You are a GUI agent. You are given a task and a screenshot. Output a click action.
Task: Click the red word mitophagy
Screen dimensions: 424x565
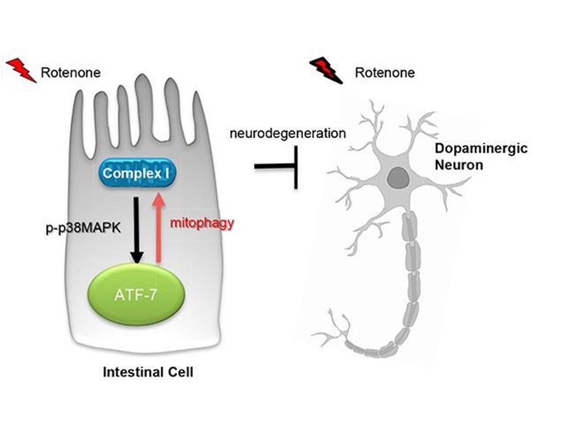(202, 223)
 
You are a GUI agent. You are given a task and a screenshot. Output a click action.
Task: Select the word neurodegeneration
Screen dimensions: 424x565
(287, 133)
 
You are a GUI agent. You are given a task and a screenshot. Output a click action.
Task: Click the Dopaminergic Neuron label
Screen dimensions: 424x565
(473, 157)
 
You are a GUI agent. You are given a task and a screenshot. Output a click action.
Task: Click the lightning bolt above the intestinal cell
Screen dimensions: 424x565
(21, 70)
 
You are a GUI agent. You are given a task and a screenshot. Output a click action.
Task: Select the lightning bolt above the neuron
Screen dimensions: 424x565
(326, 70)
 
